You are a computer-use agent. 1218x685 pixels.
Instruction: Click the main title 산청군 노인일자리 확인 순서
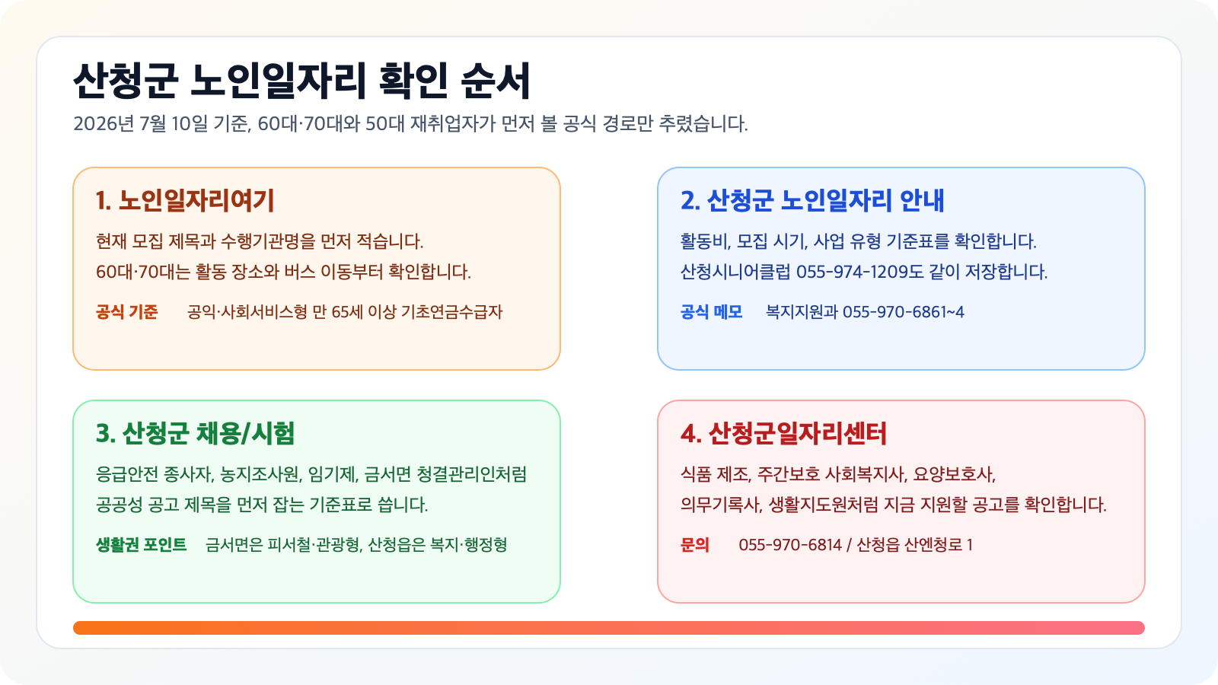(x=301, y=81)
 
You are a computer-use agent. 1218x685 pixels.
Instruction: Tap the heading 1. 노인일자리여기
(x=185, y=201)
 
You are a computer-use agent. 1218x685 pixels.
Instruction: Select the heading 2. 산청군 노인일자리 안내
(x=811, y=201)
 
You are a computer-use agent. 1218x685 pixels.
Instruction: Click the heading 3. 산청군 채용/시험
(x=195, y=433)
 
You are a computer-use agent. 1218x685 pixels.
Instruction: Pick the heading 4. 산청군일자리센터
(x=783, y=433)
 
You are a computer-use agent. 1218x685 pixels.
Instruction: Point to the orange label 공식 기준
(x=126, y=312)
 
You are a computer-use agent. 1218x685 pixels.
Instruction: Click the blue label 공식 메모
(x=711, y=312)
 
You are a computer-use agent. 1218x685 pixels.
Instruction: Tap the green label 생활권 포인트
(x=142, y=545)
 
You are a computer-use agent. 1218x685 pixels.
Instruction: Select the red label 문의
(x=695, y=545)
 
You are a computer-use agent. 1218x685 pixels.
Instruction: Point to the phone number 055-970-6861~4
(x=903, y=312)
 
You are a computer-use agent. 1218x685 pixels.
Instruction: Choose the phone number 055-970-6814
(x=790, y=545)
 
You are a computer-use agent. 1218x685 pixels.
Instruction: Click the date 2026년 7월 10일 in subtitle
(x=141, y=124)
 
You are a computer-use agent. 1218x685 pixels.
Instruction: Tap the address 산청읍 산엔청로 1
(x=914, y=545)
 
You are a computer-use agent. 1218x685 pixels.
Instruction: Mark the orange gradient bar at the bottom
(x=609, y=628)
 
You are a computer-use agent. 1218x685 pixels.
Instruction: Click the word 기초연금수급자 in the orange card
(x=452, y=312)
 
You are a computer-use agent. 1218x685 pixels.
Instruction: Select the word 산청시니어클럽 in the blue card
(x=735, y=272)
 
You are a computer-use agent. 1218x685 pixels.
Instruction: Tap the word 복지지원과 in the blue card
(x=802, y=312)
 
